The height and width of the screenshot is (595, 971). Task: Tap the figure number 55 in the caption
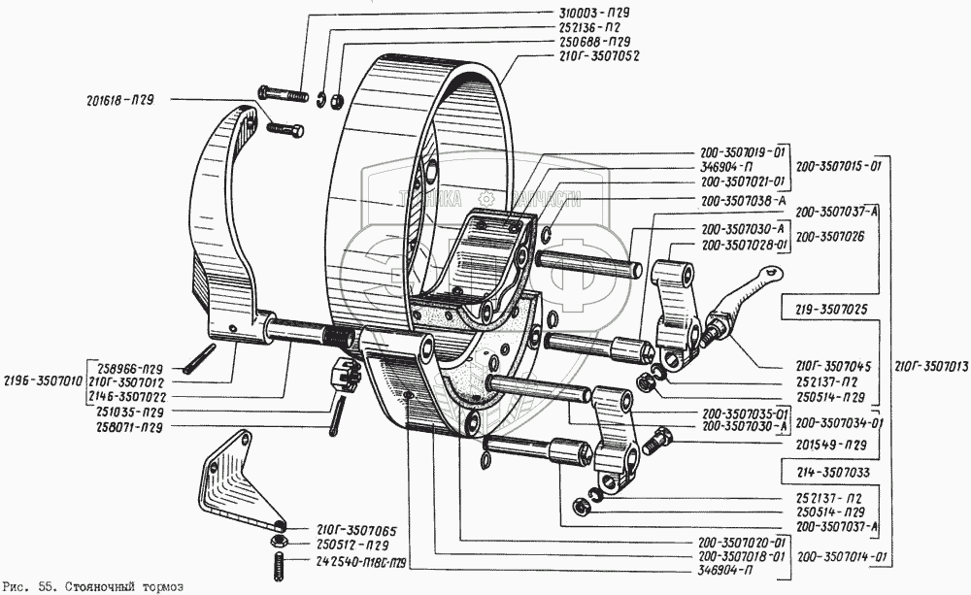pyautogui.click(x=46, y=587)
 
